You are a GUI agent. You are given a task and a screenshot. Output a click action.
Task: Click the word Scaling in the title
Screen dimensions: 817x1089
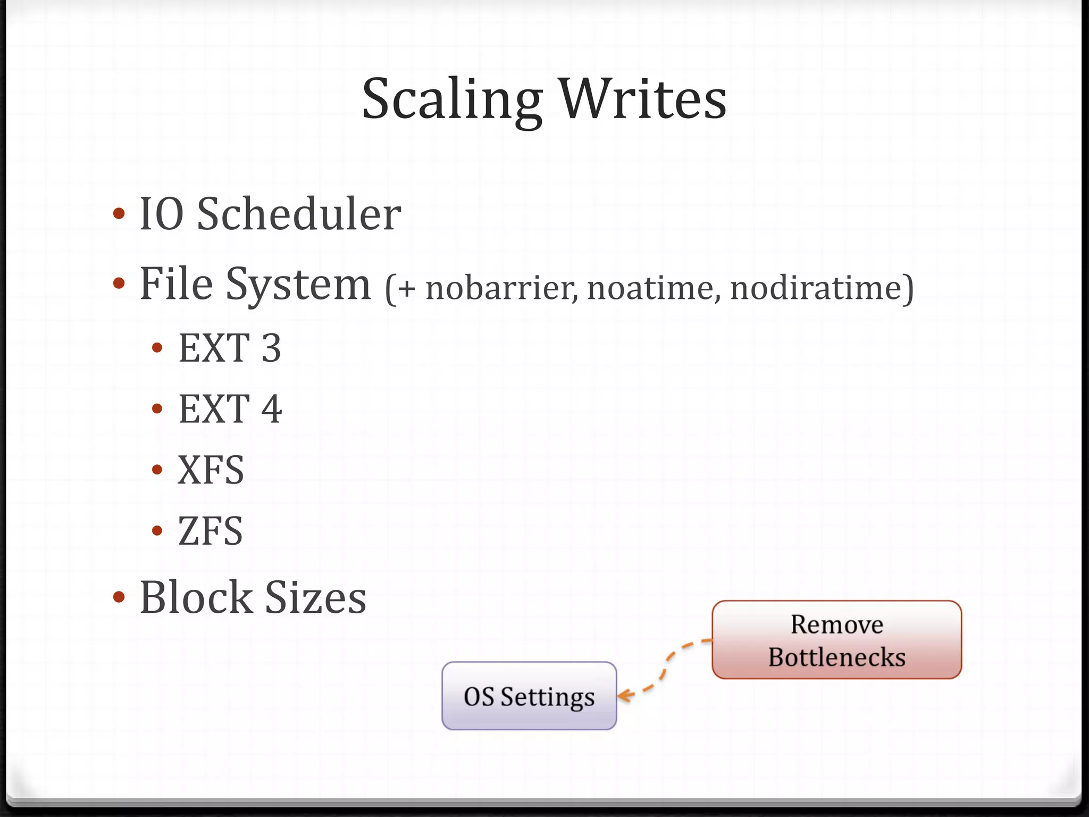[x=452, y=100]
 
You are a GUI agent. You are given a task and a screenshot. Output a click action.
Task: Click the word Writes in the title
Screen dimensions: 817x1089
[x=643, y=99]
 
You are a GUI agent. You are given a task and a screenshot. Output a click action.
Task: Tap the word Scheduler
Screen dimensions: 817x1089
[x=299, y=214]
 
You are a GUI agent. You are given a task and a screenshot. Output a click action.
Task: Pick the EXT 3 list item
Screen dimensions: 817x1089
[x=230, y=348]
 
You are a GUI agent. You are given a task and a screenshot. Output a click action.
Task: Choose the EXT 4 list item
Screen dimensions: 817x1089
[x=230, y=409]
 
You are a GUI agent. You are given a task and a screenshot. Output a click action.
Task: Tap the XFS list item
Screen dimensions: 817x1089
[x=211, y=470]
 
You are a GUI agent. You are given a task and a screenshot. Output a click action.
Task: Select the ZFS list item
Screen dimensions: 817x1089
[x=210, y=531]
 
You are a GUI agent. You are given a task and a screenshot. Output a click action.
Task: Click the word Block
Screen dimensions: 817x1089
[x=196, y=597]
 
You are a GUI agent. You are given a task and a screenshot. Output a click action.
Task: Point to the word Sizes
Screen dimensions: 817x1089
[x=315, y=597]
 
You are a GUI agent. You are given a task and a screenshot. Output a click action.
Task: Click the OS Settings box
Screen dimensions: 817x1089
[x=529, y=696]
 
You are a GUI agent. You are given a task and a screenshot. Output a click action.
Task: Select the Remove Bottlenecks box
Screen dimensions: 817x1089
[x=836, y=640]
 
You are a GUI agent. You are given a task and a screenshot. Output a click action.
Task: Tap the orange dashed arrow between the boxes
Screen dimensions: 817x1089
[x=665, y=668]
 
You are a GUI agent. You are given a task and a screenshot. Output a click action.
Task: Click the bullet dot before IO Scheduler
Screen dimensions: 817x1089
[x=119, y=214]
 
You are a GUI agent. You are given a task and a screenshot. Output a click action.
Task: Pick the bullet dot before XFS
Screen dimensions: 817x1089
[x=157, y=470]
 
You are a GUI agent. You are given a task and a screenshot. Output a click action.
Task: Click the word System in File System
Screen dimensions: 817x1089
[x=298, y=285]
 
